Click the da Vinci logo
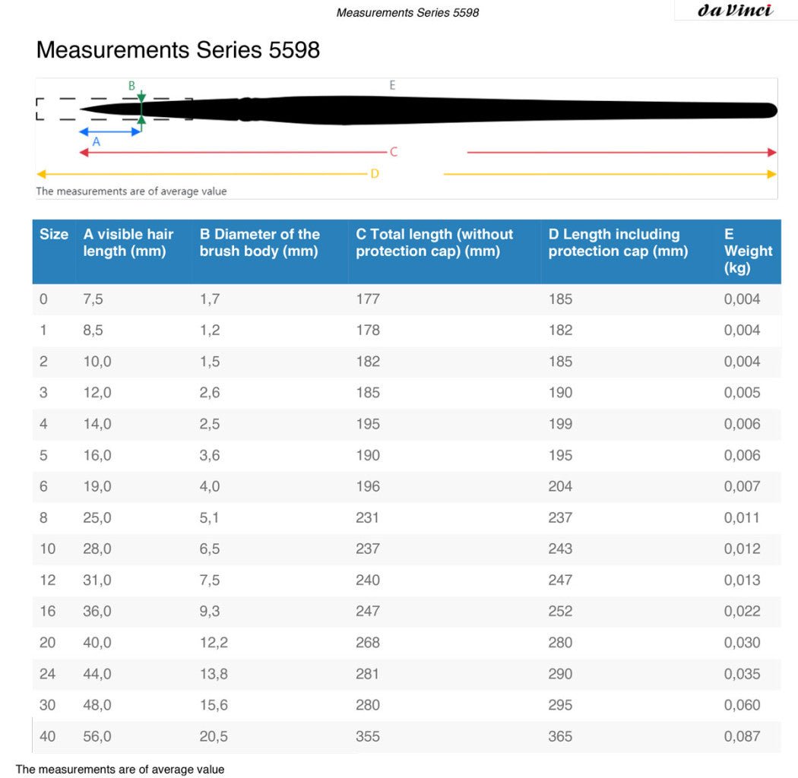[734, 10]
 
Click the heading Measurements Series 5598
[178, 50]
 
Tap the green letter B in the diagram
[131, 86]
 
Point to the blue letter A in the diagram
[96, 141]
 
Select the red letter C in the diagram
[394, 152]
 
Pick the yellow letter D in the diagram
[375, 174]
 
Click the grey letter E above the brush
[392, 85]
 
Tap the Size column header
[54, 235]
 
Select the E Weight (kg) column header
[748, 251]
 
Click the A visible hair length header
[128, 242]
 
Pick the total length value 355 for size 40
[368, 736]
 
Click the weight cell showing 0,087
[742, 736]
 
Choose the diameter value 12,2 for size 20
[214, 643]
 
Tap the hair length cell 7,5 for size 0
[93, 299]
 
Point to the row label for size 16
[48, 612]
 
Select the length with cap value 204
[561, 487]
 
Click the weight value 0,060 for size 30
[742, 705]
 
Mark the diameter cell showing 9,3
[210, 612]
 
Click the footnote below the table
[120, 770]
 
